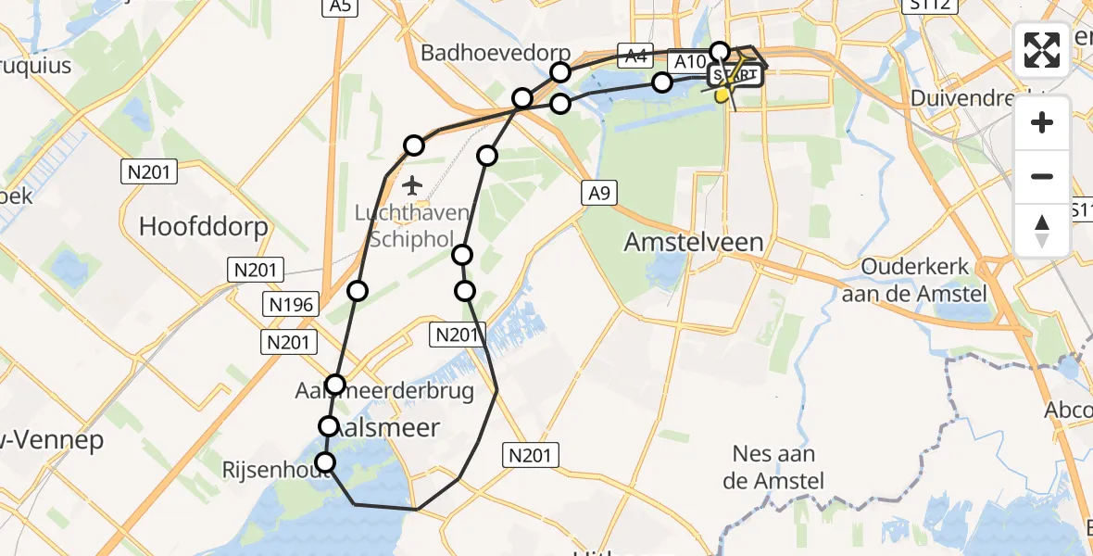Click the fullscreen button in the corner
coord(1042,50)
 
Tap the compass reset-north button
coord(1042,231)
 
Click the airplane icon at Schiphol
coord(412,185)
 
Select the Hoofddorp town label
coord(203,226)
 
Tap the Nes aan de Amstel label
coord(778,467)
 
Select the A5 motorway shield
coord(342,6)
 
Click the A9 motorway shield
coord(598,193)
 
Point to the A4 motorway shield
coord(635,56)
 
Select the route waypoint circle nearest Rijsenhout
coord(325,462)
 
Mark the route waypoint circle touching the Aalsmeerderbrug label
coord(335,385)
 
